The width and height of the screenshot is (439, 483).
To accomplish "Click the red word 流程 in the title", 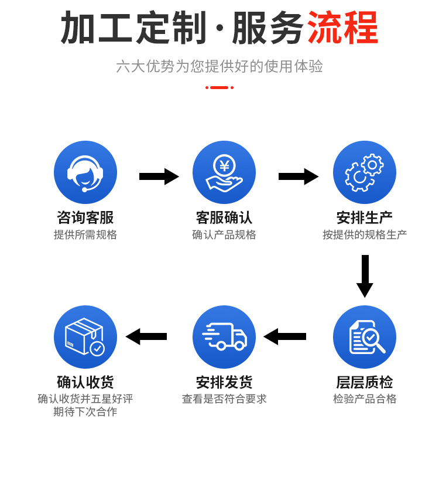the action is pyautogui.click(x=343, y=28).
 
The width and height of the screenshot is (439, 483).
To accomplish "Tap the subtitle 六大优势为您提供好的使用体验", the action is pyautogui.click(x=220, y=66).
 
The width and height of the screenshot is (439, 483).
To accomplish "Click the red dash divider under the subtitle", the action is pyautogui.click(x=220, y=87).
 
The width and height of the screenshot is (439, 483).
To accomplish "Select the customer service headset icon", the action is pyautogui.click(x=85, y=172).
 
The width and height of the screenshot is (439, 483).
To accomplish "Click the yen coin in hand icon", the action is pyautogui.click(x=224, y=172).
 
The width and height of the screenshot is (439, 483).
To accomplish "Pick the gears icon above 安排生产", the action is pyautogui.click(x=364, y=172).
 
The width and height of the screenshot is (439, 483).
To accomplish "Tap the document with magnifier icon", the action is pyautogui.click(x=364, y=337).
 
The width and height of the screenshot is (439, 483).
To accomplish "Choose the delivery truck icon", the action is pyautogui.click(x=224, y=337).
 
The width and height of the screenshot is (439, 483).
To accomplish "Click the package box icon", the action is pyautogui.click(x=85, y=337).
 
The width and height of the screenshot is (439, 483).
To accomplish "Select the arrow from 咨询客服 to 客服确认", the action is pyautogui.click(x=159, y=176).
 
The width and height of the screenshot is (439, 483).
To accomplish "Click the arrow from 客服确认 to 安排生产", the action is pyautogui.click(x=298, y=176).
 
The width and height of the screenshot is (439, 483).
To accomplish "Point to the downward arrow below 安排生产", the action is pyautogui.click(x=365, y=275).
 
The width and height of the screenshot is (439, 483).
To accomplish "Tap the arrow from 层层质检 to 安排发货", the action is pyautogui.click(x=285, y=336).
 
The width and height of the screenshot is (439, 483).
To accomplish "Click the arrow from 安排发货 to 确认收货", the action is pyautogui.click(x=146, y=336).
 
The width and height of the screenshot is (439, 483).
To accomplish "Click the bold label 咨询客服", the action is pyautogui.click(x=85, y=217).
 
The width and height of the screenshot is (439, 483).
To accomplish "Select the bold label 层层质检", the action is pyautogui.click(x=364, y=382).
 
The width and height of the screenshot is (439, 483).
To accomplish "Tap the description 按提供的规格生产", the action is pyautogui.click(x=364, y=234).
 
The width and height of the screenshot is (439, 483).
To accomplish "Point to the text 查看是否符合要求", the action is pyautogui.click(x=224, y=399).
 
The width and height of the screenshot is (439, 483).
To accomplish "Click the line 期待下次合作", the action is pyautogui.click(x=85, y=412).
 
